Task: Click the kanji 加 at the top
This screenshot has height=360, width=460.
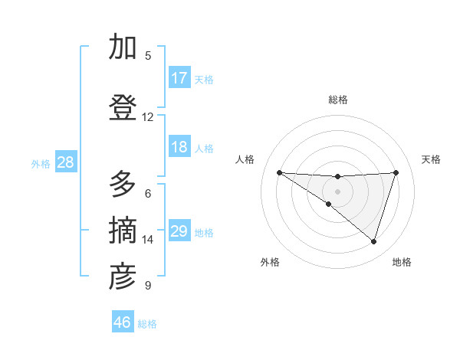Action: (123, 47)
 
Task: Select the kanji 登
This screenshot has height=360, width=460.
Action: (123, 108)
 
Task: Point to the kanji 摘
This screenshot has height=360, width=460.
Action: (123, 231)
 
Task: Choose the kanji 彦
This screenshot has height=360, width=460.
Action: (123, 277)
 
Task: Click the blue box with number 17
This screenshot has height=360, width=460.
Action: (179, 78)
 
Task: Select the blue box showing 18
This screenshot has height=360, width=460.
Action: (179, 147)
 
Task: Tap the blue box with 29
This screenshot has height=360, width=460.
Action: (179, 231)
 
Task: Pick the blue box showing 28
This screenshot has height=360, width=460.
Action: (65, 162)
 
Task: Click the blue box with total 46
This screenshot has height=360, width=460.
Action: (123, 322)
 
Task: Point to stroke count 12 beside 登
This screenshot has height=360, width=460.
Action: (148, 117)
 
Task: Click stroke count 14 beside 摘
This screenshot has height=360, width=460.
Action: (148, 240)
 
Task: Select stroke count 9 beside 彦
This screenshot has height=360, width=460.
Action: (148, 286)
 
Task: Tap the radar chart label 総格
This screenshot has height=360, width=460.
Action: (337, 100)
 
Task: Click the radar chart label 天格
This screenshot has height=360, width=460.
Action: (431, 159)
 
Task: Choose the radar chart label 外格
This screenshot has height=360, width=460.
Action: (270, 262)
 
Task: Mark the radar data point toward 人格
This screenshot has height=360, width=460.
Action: (279, 172)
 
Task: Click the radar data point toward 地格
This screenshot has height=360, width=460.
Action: (373, 241)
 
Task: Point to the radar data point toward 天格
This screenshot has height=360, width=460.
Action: (396, 172)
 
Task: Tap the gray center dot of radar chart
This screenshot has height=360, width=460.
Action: (337, 191)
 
